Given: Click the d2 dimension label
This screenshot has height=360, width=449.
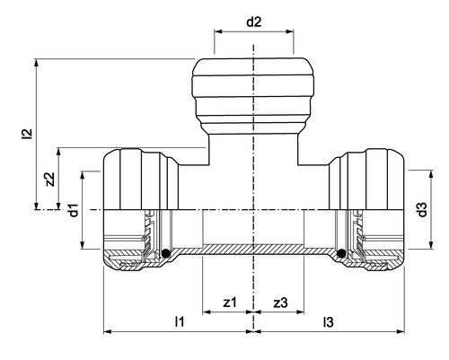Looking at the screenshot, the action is [254, 22].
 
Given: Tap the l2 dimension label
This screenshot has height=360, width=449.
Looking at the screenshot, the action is [28, 134].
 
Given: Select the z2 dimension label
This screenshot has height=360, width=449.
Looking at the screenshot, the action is [50, 180].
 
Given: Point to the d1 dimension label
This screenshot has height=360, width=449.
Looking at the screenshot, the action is [74, 210].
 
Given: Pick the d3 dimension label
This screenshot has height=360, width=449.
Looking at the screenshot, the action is [422, 209].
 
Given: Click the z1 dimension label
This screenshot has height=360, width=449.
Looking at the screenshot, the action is [230, 303].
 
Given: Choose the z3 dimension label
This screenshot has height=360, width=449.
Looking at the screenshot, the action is [280, 303].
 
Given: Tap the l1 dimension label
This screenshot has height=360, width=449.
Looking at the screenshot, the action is [180, 321].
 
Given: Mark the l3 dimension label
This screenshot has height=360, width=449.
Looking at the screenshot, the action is [328, 322].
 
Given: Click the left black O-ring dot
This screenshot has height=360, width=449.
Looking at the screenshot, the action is [165, 253].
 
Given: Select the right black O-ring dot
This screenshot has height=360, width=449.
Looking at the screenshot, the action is [341, 253].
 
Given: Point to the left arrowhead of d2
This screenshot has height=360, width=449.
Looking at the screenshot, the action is [218, 31].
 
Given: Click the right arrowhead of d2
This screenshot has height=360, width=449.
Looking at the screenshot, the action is [290, 31].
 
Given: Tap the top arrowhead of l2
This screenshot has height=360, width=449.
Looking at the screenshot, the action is [37, 63].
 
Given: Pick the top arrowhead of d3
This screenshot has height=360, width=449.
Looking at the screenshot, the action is [431, 174].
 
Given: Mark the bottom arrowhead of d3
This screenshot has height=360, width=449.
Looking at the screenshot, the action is [431, 245].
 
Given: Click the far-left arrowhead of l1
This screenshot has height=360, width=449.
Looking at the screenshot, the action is [108, 331].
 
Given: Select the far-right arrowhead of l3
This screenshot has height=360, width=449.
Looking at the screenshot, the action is [401, 331].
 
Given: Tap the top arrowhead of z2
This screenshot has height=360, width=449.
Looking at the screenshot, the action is [58, 152].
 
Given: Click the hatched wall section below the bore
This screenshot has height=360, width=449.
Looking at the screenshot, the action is [253, 250].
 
